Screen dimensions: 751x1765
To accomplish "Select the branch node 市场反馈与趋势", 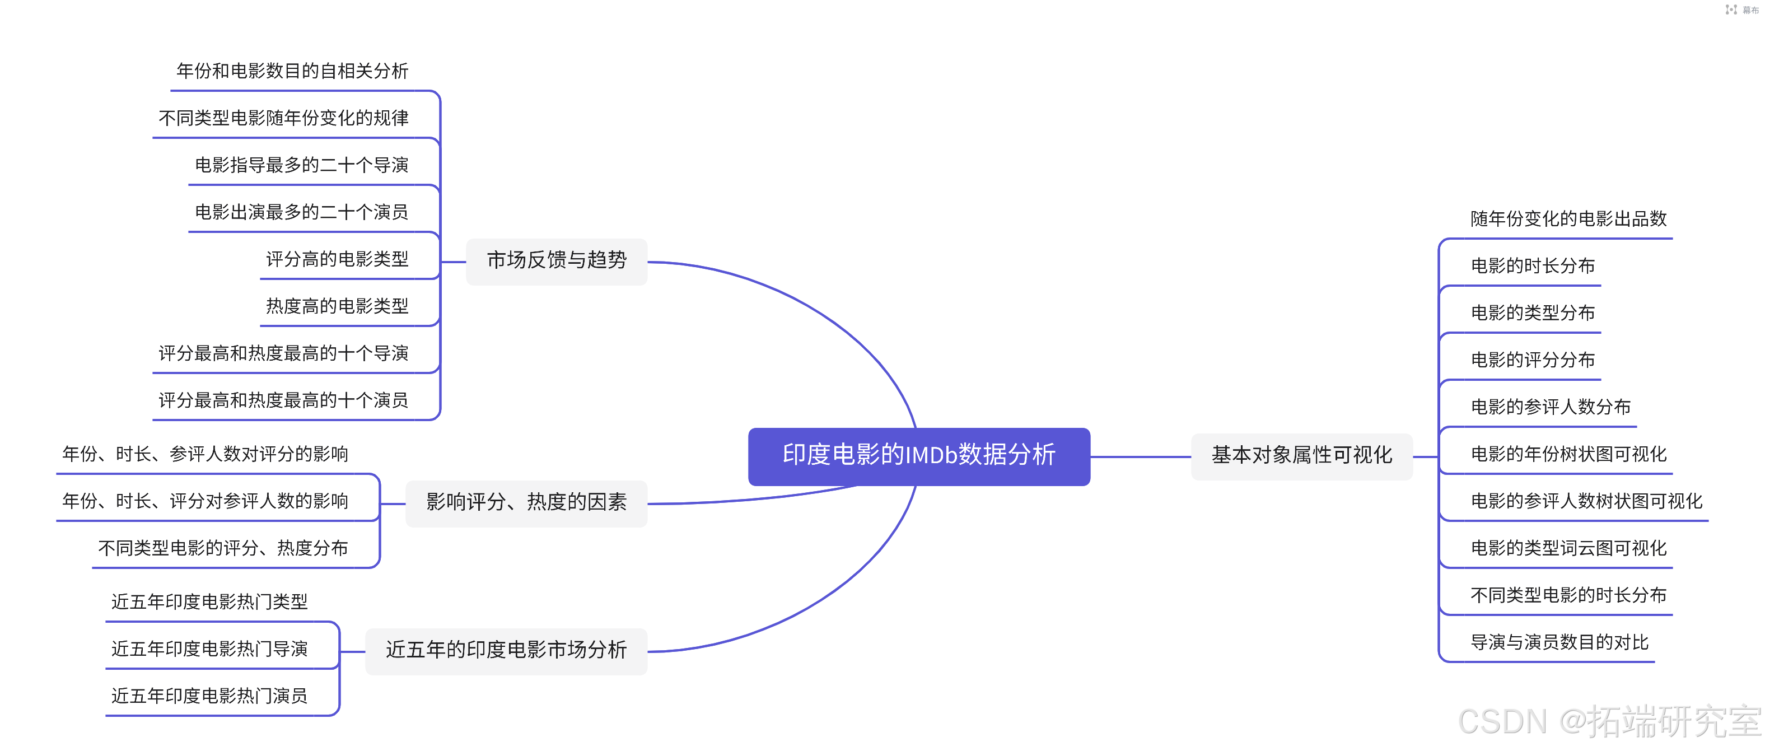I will [x=557, y=260].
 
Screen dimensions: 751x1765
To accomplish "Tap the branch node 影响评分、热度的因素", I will [x=526, y=502].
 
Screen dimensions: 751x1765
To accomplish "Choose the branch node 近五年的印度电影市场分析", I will [x=506, y=650].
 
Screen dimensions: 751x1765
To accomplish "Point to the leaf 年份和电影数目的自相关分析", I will [x=292, y=71].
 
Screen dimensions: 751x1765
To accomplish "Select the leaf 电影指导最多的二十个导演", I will [x=301, y=165].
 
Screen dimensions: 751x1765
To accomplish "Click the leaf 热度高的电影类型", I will [x=337, y=306].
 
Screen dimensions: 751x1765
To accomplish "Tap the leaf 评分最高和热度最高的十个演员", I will [x=284, y=401].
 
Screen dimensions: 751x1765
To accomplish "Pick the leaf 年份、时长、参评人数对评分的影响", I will [x=206, y=454].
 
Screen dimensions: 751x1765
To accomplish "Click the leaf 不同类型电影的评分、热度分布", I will [x=223, y=548].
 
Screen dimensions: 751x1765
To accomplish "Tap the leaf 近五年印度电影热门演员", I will [x=209, y=696].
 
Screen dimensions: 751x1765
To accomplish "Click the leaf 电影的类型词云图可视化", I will [x=1568, y=549].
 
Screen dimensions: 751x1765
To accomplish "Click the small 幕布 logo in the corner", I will [x=1741, y=10].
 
